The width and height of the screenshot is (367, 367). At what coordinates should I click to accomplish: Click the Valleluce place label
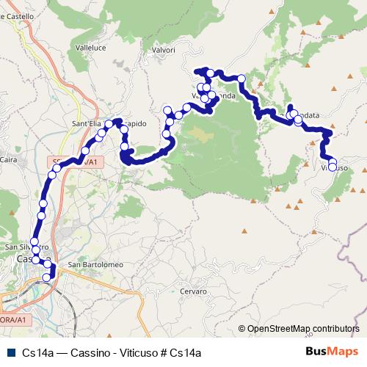tap(91, 47)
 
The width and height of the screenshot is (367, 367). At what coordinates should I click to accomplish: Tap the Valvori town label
tap(163, 50)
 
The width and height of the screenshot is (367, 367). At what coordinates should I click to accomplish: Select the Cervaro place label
tap(193, 291)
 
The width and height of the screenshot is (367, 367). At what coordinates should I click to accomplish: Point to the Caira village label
tap(9, 159)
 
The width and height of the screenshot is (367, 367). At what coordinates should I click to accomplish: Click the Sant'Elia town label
tap(86, 123)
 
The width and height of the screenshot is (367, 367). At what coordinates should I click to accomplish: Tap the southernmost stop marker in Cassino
tap(47, 277)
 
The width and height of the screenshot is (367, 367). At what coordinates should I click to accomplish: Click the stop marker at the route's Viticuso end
tap(333, 167)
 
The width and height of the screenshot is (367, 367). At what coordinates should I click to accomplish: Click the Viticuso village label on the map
tap(335, 169)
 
